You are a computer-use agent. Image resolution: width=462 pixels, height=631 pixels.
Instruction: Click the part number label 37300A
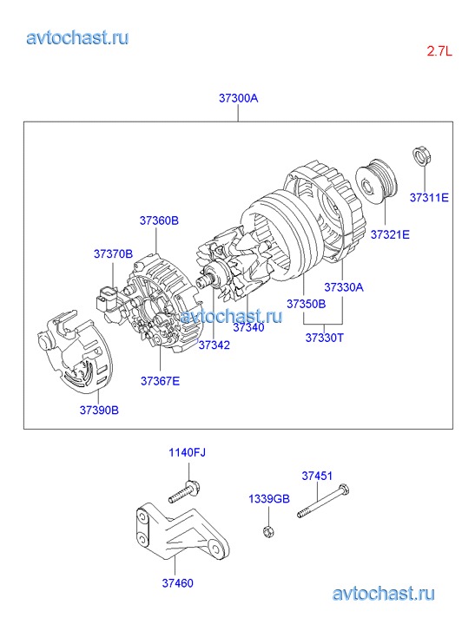pyautogui.click(x=238, y=98)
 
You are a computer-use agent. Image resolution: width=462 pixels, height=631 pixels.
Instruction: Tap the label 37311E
pyautogui.click(x=429, y=198)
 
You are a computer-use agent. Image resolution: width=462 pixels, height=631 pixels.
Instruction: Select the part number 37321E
pyautogui.click(x=390, y=234)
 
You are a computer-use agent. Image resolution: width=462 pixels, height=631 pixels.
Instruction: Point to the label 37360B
pyautogui.click(x=159, y=220)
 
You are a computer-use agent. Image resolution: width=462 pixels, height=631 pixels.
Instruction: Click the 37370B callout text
pyautogui.click(x=113, y=254)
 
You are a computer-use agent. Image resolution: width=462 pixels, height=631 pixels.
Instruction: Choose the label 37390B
pyautogui.click(x=99, y=410)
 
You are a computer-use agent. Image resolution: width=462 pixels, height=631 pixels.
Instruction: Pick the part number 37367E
pyautogui.click(x=161, y=381)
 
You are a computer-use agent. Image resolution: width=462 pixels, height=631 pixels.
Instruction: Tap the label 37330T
pyautogui.click(x=325, y=338)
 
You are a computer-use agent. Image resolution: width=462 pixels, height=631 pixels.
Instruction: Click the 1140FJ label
pyautogui.click(x=187, y=452)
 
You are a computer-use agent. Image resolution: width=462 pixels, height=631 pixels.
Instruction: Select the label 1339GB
pyautogui.click(x=269, y=499)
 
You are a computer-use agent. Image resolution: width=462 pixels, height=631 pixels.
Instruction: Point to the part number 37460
pyautogui.click(x=178, y=583)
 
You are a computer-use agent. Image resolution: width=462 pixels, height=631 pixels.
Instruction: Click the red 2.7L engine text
pyautogui.click(x=439, y=51)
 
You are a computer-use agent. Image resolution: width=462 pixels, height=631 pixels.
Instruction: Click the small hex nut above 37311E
pyautogui.click(x=423, y=155)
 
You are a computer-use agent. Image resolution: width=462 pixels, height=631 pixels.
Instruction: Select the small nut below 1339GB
pyautogui.click(x=268, y=532)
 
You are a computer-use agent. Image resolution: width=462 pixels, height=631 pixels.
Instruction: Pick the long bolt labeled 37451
pyautogui.click(x=323, y=501)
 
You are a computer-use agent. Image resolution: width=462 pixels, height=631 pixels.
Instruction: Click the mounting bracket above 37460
pyautogui.click(x=177, y=531)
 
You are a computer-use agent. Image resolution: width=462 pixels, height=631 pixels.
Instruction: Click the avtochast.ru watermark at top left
pyautogui.click(x=77, y=38)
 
